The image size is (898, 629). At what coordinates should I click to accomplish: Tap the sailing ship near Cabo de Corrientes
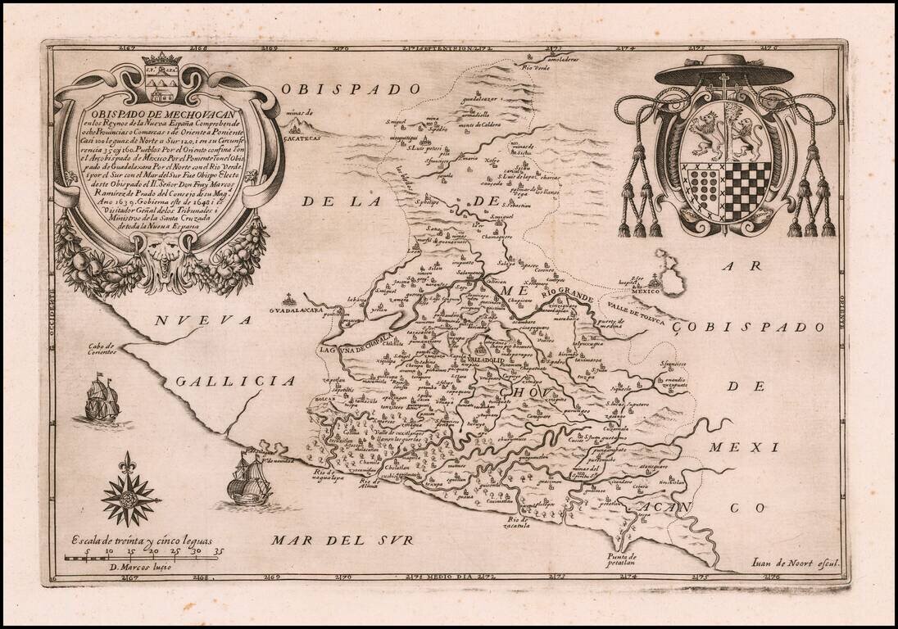tap(102, 400)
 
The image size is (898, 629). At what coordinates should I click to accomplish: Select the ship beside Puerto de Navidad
tap(248, 482)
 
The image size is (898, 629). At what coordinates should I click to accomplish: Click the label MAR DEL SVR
tap(343, 540)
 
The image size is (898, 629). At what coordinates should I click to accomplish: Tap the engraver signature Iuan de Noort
tap(797, 563)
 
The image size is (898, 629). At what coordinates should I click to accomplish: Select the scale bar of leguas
tap(143, 558)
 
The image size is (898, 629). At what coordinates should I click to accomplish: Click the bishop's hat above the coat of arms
tap(723, 71)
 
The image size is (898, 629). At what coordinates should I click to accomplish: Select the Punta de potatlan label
tap(622, 561)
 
